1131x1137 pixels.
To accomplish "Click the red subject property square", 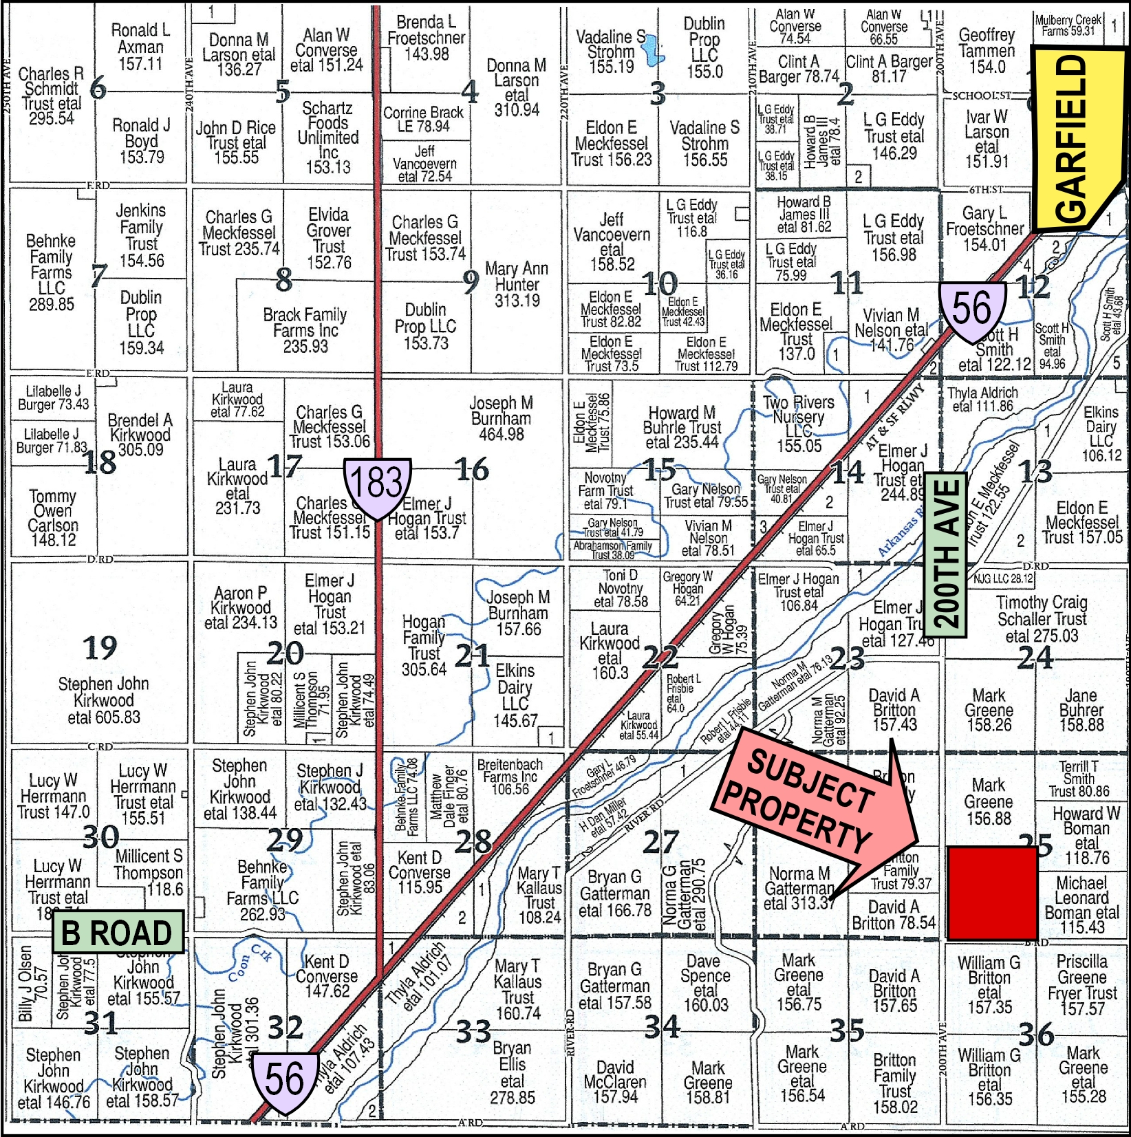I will [x=992, y=893].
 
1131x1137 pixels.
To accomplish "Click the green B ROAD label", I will [x=118, y=932].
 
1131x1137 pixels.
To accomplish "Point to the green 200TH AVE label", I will [x=946, y=554].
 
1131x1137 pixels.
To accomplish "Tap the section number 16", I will [x=472, y=469].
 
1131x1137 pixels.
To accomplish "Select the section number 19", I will [x=100, y=647].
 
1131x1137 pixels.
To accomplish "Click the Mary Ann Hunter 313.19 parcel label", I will [x=517, y=284].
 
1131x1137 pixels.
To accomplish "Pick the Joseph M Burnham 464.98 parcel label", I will [x=501, y=418].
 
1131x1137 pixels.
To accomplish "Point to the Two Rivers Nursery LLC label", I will [x=799, y=423].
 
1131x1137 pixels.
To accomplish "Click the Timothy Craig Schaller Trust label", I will [x=1042, y=618].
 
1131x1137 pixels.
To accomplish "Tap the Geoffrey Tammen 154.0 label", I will [x=987, y=51].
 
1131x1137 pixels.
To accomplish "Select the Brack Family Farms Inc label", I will [x=305, y=331].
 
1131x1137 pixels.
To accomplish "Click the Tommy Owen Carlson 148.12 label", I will [x=53, y=517].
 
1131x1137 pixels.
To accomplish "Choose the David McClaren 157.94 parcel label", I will [x=615, y=1082].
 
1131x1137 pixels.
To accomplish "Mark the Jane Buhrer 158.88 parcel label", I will [x=1081, y=709].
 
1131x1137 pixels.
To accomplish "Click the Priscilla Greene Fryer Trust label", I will [x=1082, y=985].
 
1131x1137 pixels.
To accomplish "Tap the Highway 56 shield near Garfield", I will [x=971, y=310].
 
